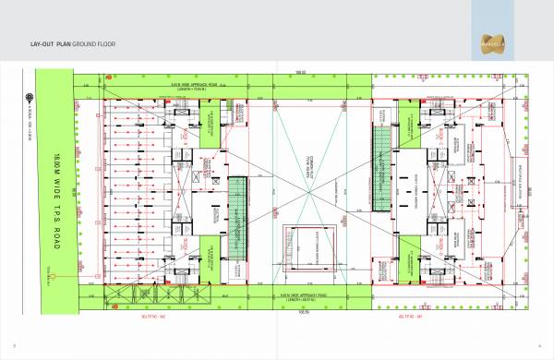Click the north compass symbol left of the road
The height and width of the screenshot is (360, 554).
pyautogui.click(x=29, y=93)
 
